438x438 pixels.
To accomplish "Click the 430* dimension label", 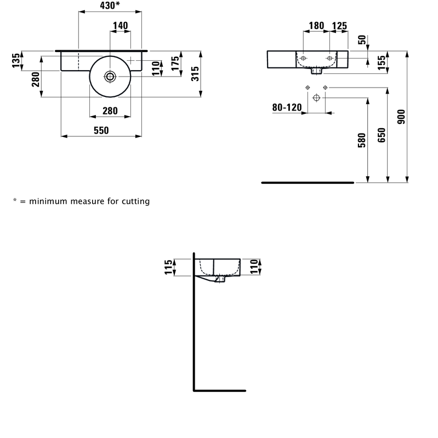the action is (x=110, y=5).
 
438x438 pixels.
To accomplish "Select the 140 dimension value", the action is (x=120, y=26).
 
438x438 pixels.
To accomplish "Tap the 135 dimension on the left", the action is (x=16, y=60).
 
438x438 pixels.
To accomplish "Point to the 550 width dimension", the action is (x=101, y=130).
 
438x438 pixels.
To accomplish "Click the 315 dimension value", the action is (x=195, y=74).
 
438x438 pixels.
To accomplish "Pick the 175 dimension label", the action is (x=175, y=64).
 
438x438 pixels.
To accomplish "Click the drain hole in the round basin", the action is (x=110, y=77).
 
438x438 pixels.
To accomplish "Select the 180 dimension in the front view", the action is (x=316, y=26).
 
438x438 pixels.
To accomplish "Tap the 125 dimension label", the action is (x=339, y=26).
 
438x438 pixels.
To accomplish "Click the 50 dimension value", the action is (x=362, y=39).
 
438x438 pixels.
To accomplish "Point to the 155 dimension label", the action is (x=382, y=63).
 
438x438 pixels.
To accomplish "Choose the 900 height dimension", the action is (x=401, y=117).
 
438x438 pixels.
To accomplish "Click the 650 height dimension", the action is (x=382, y=135).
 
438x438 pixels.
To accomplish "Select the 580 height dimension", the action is (x=362, y=140).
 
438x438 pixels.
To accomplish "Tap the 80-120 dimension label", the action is (x=287, y=107).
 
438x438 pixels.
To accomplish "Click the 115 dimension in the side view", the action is (x=168, y=267).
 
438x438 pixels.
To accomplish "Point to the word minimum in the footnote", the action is (x=48, y=201).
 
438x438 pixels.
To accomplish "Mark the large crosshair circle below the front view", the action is (x=316, y=98).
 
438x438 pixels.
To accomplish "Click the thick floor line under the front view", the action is (x=308, y=183).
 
